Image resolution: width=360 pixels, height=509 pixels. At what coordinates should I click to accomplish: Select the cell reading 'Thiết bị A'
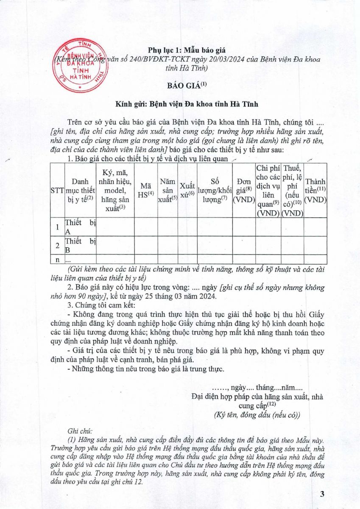[x=80, y=227]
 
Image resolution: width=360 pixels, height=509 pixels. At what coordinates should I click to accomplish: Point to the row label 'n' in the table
[x=57, y=259]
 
